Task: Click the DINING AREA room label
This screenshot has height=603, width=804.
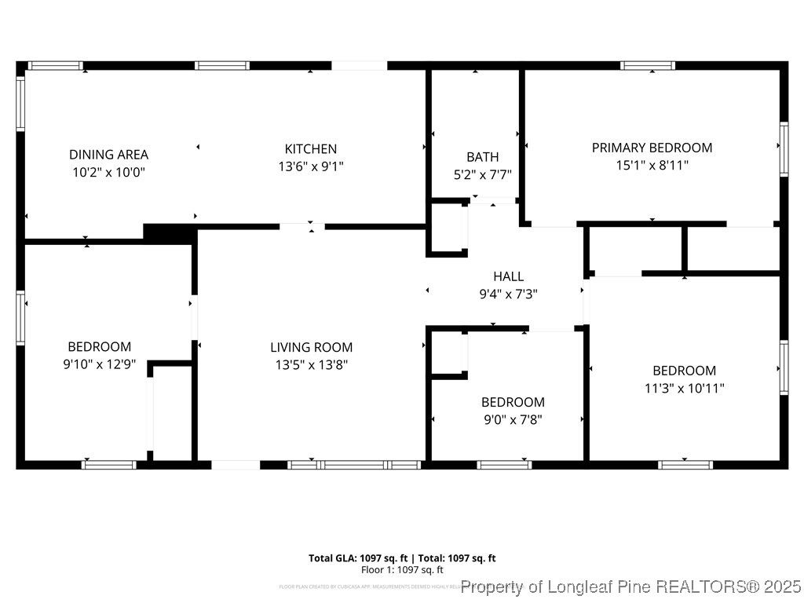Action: [108, 155]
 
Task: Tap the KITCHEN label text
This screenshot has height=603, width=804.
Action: [310, 148]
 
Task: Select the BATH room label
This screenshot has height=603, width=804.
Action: [482, 157]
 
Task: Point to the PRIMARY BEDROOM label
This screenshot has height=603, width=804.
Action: [652, 148]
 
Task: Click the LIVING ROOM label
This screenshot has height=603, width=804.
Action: [311, 347]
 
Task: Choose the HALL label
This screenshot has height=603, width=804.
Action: [508, 276]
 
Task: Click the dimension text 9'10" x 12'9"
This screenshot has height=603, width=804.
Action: [99, 364]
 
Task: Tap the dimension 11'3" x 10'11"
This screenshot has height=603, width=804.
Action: [684, 388]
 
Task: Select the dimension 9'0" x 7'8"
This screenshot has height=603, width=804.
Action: [512, 419]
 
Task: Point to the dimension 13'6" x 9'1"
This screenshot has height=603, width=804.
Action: [310, 166]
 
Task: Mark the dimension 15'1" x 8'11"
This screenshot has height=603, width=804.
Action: [652, 166]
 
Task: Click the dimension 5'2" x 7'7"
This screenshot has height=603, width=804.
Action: [482, 174]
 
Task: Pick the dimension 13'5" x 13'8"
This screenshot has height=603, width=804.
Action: [311, 364]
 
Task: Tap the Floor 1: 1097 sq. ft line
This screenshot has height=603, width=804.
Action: [402, 570]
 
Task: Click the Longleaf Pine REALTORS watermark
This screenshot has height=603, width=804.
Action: [631, 587]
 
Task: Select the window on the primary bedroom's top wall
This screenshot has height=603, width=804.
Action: [648, 66]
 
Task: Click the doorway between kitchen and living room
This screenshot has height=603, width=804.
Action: [302, 227]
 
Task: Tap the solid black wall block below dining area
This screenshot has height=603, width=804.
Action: [169, 233]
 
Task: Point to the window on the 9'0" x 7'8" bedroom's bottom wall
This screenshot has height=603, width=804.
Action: [504, 465]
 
